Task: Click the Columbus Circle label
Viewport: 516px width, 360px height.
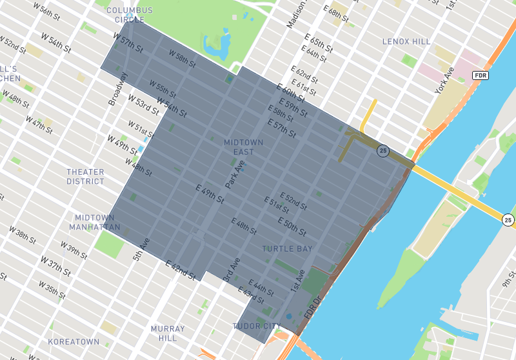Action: click(x=130, y=15)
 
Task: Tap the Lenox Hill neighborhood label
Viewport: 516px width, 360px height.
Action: click(x=406, y=41)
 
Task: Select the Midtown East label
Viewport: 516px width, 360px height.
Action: click(x=239, y=147)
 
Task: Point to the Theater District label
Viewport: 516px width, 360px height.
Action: click(x=85, y=177)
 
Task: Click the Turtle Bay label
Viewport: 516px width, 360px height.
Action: click(x=287, y=248)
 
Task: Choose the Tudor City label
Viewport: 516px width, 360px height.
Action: click(x=257, y=326)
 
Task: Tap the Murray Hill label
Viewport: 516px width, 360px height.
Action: click(x=168, y=334)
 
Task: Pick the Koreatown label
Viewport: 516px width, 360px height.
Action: click(x=74, y=341)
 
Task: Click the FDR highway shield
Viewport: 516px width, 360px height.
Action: click(x=480, y=75)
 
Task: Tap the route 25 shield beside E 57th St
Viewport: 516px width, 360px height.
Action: click(x=383, y=151)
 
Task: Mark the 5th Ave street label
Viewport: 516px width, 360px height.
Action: click(x=141, y=250)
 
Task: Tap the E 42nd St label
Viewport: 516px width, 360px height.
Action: click(x=181, y=270)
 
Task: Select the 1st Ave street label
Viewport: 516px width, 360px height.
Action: click(x=297, y=281)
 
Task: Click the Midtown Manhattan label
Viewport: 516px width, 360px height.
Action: click(x=97, y=223)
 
